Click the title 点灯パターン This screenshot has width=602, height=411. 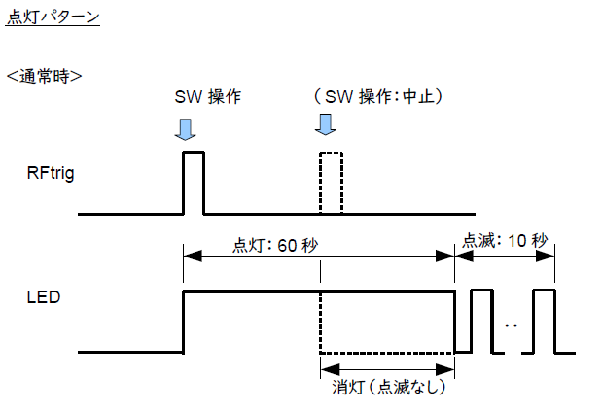[53, 17]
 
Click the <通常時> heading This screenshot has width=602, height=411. [44, 76]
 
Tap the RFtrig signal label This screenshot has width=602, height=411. [51, 173]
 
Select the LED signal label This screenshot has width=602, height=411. [44, 297]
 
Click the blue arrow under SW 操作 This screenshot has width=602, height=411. [186, 129]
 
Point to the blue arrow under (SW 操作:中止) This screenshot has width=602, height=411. [326, 124]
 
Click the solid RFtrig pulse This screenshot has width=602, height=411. [194, 153]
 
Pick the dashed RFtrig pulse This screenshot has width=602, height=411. [331, 153]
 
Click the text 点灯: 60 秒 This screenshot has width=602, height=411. [275, 246]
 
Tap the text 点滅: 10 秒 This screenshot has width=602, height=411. [505, 241]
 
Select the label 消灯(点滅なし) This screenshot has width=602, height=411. [389, 388]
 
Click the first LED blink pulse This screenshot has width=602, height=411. [481, 291]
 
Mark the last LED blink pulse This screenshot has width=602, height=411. [544, 291]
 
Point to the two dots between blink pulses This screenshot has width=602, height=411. [511, 325]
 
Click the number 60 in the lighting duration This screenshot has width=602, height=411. [287, 246]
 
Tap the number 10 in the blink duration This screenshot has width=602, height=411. [516, 241]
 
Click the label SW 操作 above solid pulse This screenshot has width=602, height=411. [208, 96]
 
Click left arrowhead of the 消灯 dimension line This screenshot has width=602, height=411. [330, 369]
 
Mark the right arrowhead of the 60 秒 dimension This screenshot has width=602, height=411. [445, 257]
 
